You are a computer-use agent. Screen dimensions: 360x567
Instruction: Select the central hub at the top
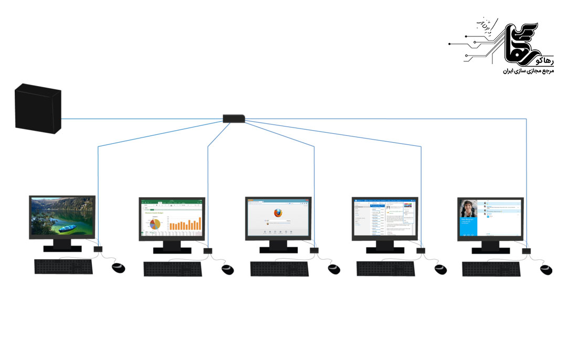tap(234, 119)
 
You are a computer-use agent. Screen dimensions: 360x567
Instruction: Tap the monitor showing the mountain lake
tap(62, 216)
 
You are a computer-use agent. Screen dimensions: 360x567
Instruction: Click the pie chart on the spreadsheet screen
tap(155, 224)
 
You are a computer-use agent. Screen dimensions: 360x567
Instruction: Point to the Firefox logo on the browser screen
tap(279, 214)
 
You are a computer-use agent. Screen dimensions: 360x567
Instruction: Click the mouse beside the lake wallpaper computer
tap(119, 268)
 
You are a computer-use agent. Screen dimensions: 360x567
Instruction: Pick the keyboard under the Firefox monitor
tap(279, 269)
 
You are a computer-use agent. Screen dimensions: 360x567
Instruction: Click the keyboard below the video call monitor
tap(491, 269)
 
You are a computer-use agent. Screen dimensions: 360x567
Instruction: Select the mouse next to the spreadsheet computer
tap(227, 269)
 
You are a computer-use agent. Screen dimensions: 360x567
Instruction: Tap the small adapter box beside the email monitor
tap(421, 251)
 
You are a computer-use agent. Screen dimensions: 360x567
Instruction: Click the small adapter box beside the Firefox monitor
tap(314, 251)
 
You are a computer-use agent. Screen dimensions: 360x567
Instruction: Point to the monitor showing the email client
tap(385, 218)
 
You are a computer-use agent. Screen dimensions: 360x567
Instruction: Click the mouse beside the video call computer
tap(546, 269)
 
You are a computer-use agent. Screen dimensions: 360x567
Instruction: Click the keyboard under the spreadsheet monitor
tap(173, 269)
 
